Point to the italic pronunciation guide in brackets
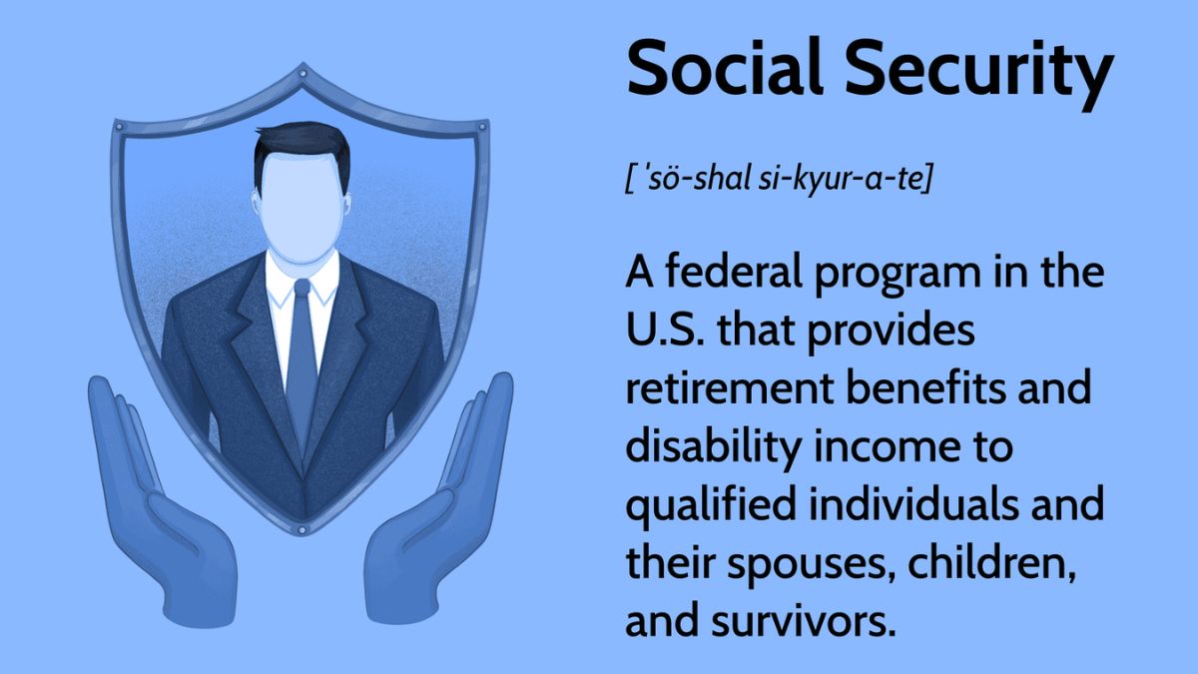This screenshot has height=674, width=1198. point(779,183)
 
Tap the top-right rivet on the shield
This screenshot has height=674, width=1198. point(483,128)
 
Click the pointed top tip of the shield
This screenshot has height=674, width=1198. point(301,68)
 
